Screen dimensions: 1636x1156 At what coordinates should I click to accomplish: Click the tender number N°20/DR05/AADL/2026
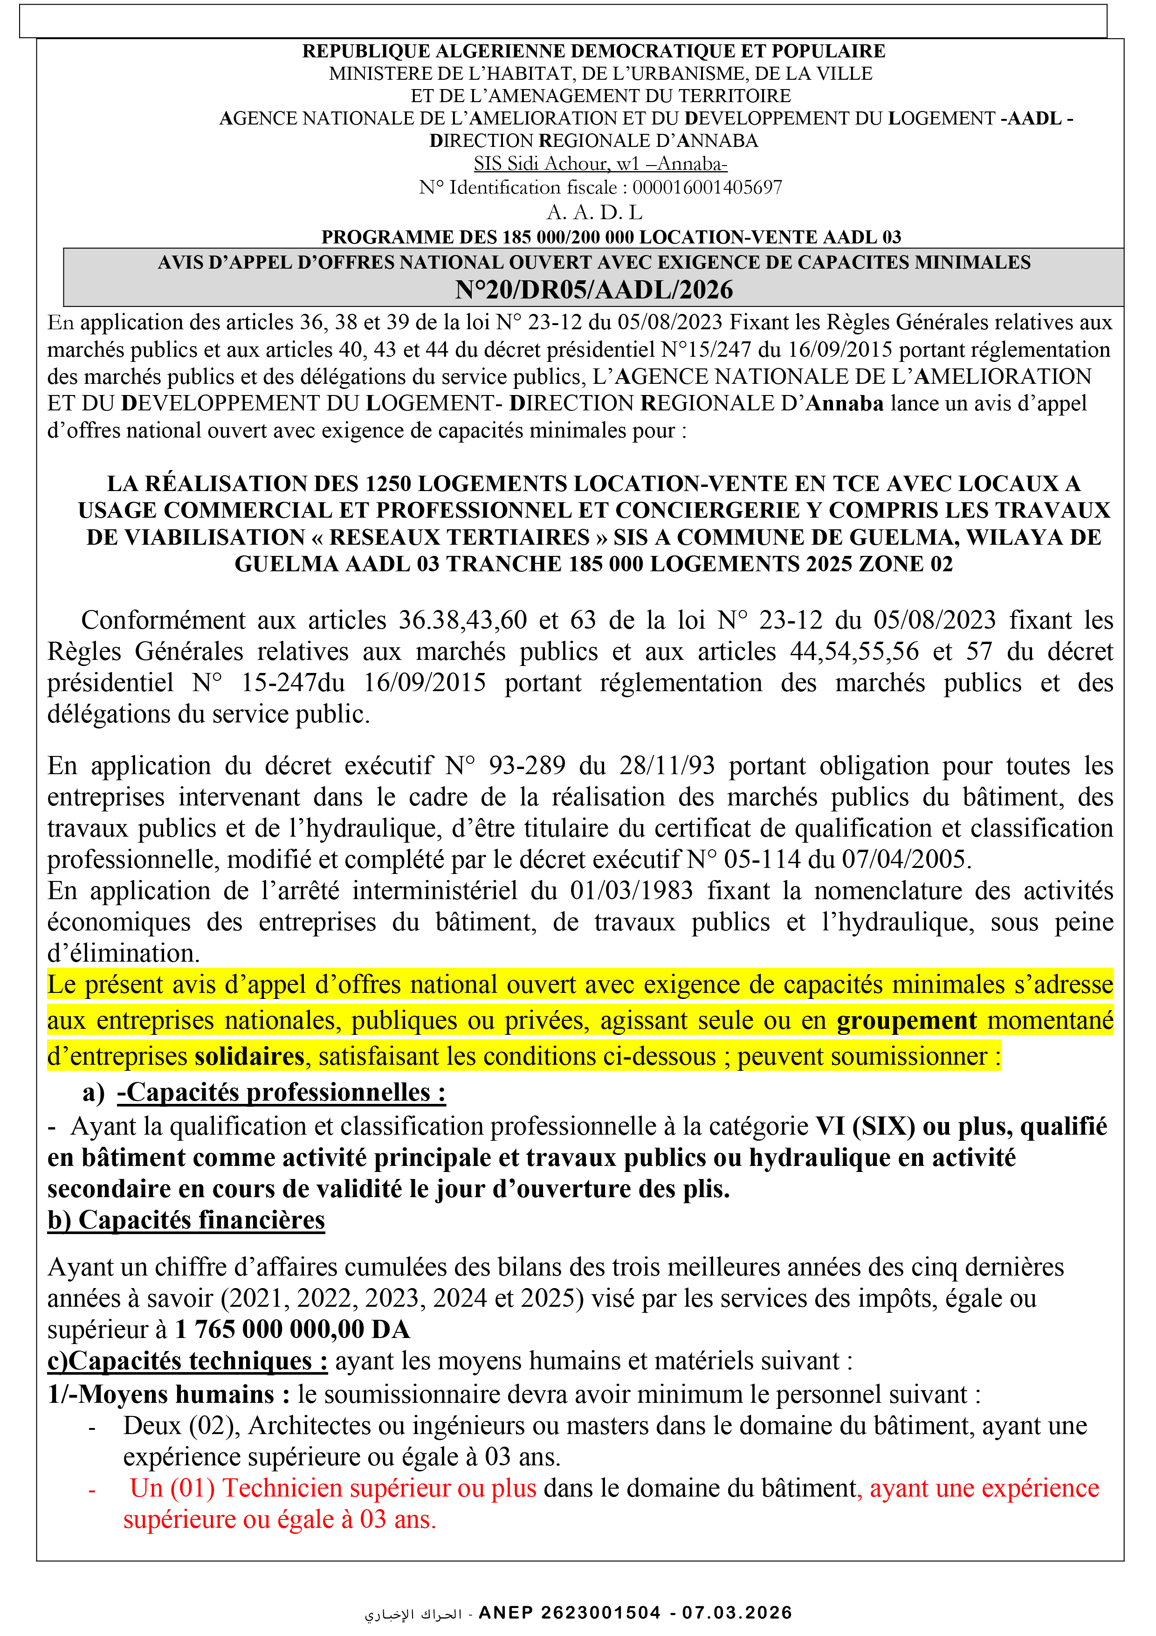594,290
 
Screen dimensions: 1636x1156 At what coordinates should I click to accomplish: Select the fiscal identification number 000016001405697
707,187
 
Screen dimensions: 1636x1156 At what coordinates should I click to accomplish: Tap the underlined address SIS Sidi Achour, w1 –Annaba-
600,164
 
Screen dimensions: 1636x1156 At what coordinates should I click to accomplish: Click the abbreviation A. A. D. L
594,212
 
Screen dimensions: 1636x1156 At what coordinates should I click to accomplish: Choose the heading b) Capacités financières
186,1220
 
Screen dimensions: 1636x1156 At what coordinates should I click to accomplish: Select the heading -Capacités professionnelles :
282,1092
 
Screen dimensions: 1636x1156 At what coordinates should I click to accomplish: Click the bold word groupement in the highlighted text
906,1020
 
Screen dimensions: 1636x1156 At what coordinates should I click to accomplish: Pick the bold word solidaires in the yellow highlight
249,1056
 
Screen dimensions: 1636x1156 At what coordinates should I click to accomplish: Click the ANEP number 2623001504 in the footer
600,1613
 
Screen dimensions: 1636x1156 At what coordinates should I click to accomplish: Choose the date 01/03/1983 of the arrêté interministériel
631,891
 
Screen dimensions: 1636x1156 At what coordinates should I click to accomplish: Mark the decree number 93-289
526,765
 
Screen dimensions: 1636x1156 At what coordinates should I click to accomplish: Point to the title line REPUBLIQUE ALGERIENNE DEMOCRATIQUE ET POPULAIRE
593,51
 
